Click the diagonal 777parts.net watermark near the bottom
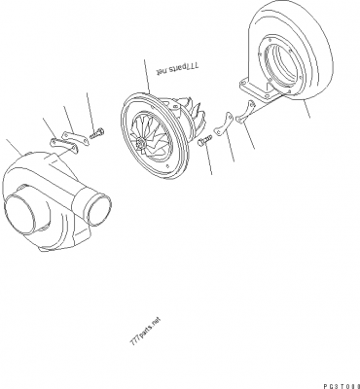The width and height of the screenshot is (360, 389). tap(143, 336)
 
